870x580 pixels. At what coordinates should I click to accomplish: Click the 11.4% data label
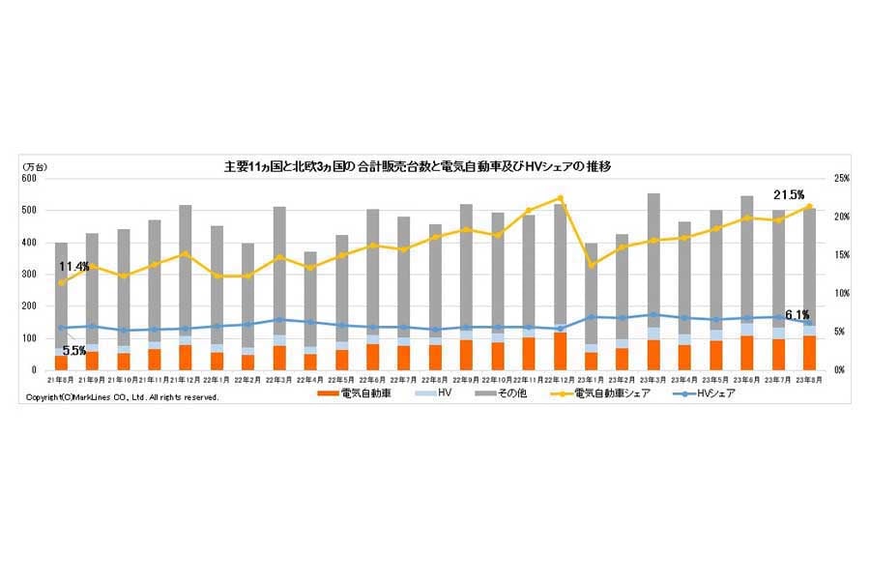coord(73,266)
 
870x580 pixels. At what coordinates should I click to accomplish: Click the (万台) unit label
coord(35,167)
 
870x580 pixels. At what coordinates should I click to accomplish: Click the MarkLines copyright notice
coord(122,397)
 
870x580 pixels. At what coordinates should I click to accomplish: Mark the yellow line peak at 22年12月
coord(560,198)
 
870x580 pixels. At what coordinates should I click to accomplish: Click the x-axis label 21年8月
coord(62,380)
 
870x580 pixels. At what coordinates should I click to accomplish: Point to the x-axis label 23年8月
coord(809,380)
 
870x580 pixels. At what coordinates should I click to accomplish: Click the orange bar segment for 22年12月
coord(560,352)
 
